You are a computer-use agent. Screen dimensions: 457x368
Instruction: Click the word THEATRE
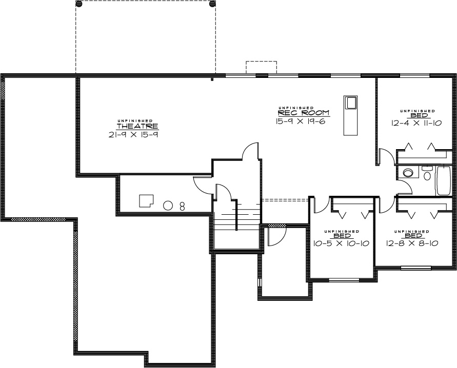[x=137, y=127]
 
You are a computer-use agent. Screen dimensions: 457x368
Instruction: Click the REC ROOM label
[x=304, y=113]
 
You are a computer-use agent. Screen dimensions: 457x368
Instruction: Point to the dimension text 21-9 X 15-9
[x=133, y=134]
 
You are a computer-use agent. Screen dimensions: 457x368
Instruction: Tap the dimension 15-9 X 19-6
[x=300, y=121]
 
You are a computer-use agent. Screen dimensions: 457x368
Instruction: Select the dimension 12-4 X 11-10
[x=416, y=123]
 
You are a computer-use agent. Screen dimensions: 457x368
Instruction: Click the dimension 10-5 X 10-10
[x=341, y=243]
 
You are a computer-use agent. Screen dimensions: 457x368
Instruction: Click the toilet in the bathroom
[x=427, y=174]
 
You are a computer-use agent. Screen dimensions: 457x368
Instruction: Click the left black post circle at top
[x=79, y=4]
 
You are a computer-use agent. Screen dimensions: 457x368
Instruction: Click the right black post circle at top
[x=213, y=4]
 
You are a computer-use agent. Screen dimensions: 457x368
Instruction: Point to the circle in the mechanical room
[x=167, y=206]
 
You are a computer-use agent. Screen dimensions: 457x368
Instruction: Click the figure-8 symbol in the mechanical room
[x=182, y=207]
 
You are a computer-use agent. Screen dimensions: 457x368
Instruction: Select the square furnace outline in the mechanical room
[x=146, y=201]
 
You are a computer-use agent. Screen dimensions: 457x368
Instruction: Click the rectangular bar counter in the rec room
[x=351, y=115]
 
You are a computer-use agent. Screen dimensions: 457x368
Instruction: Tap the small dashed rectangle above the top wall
[x=261, y=67]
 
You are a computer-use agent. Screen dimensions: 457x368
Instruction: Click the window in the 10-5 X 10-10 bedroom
[x=344, y=280]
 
